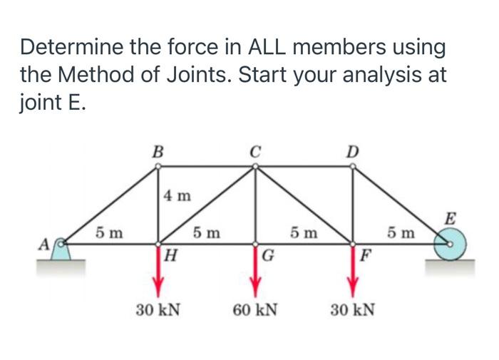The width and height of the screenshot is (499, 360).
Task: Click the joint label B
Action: pyautogui.click(x=158, y=151)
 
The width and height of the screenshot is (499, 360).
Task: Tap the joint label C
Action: pyautogui.click(x=255, y=151)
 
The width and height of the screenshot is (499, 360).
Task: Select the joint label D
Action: pyautogui.click(x=351, y=151)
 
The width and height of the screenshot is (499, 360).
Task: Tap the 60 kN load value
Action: pyautogui.click(x=255, y=311)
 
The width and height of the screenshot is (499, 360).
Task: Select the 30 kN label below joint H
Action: pyautogui.click(x=158, y=311)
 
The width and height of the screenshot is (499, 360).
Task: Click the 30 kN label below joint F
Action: pyautogui.click(x=352, y=311)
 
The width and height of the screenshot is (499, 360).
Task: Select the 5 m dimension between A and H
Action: pyautogui.click(x=109, y=232)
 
